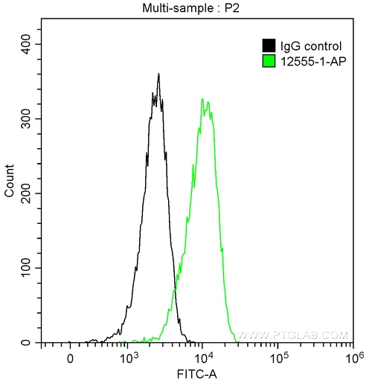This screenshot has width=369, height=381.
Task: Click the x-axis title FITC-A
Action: tap(196, 371)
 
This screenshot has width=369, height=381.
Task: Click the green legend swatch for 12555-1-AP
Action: tap(270, 60)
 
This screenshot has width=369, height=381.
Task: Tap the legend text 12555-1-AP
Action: tap(311, 60)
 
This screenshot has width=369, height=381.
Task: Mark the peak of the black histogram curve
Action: tap(158, 74)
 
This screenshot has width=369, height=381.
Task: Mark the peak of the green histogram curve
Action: tap(202, 98)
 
